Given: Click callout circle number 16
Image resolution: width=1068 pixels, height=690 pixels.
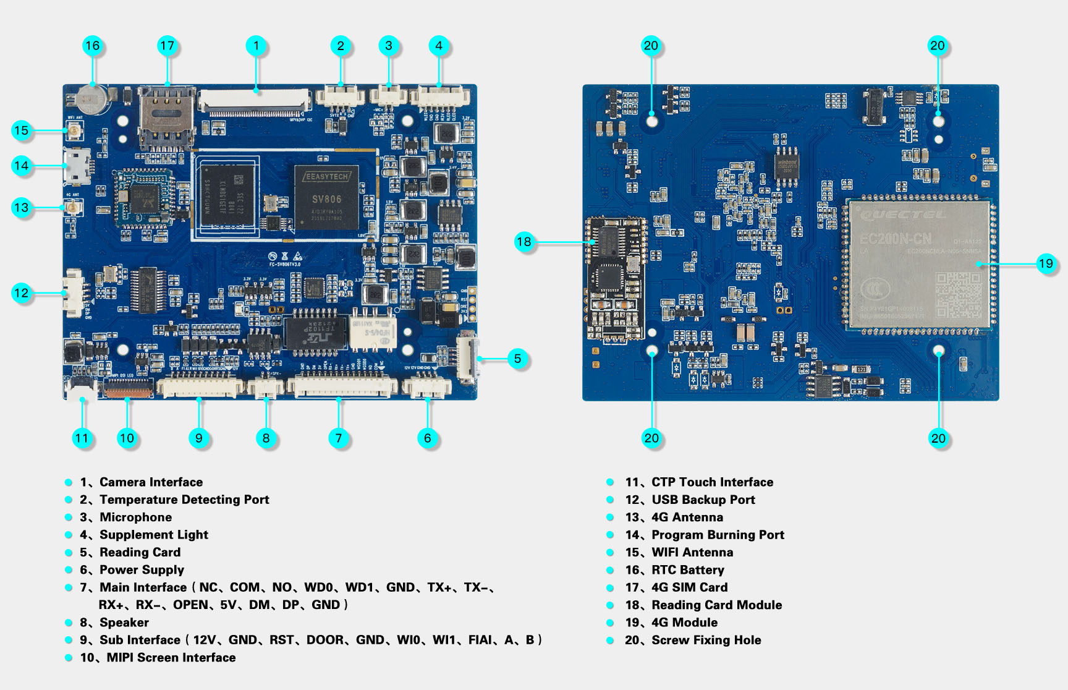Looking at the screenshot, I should (x=93, y=45).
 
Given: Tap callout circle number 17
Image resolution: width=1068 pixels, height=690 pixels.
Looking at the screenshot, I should (x=167, y=45).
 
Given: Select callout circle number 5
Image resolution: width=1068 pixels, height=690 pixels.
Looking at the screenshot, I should (x=518, y=358).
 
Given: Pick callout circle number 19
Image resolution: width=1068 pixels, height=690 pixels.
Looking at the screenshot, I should (x=1046, y=263).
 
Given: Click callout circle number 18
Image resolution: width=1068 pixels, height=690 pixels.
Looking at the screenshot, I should (x=524, y=241).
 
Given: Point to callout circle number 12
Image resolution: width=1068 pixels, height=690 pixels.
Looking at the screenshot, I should (x=21, y=292).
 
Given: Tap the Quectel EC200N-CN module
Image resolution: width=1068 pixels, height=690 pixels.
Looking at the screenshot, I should (x=919, y=263).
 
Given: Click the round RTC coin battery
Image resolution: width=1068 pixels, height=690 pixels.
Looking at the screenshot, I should (x=92, y=98).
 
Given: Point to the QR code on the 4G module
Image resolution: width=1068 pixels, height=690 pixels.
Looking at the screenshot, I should (x=957, y=295).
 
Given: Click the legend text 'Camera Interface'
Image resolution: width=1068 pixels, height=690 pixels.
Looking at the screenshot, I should (x=151, y=482).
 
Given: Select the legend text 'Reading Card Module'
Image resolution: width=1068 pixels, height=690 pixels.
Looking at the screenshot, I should (x=716, y=605).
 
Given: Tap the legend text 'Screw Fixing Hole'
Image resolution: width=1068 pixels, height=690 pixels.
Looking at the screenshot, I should (x=706, y=640).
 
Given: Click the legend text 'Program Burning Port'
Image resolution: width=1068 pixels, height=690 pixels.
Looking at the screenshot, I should (x=718, y=535).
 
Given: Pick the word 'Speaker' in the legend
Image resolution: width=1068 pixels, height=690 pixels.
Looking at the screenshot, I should (x=124, y=623).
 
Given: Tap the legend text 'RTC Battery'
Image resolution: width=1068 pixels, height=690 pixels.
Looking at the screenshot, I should (x=688, y=570).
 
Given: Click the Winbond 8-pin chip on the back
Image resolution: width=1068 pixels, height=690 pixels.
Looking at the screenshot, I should (x=787, y=167).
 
